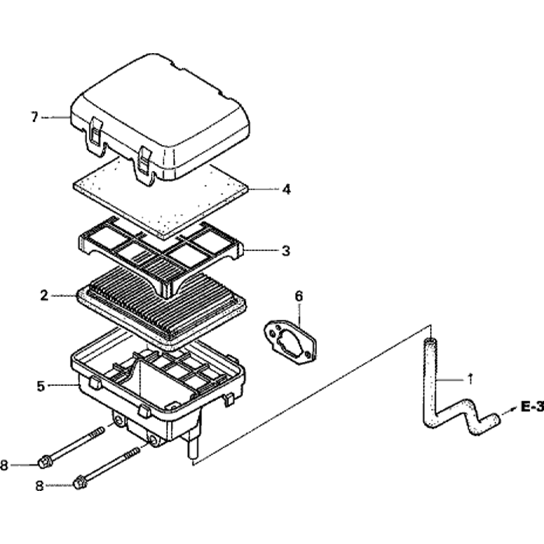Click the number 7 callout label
[35, 117]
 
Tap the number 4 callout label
[286, 189]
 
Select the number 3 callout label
[286, 251]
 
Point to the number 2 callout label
[44, 295]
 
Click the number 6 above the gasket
[298, 296]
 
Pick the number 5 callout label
[41, 386]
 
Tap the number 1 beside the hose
[470, 379]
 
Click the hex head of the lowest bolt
[79, 481]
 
